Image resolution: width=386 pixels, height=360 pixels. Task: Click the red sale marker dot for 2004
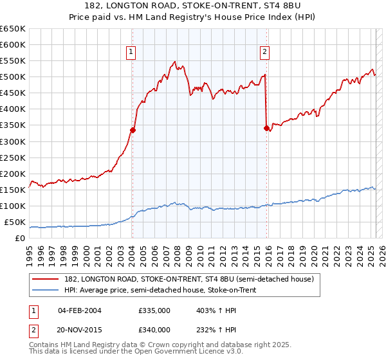pyautogui.click(x=133, y=130)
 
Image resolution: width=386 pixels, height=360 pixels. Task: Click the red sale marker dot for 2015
pyautogui.click(x=266, y=128)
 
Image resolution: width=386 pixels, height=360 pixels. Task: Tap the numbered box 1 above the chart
pyautogui.click(x=131, y=53)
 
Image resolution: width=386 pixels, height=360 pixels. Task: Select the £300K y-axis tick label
pyautogui.click(x=13, y=141)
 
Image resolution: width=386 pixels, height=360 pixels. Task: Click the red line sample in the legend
pyautogui.click(x=47, y=279)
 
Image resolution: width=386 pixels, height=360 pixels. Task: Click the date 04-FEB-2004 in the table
pyautogui.click(x=79, y=310)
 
